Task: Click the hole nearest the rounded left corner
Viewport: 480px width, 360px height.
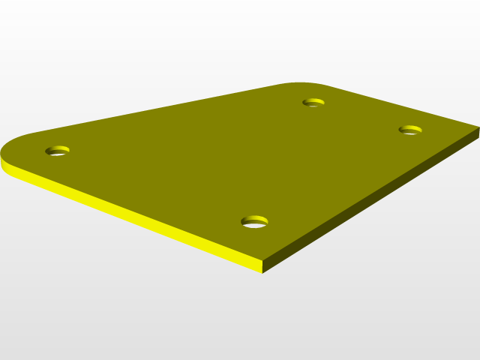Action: pyautogui.click(x=57, y=151)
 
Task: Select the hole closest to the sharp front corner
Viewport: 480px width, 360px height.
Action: pyautogui.click(x=254, y=221)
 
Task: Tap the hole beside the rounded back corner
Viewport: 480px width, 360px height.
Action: pyautogui.click(x=313, y=102)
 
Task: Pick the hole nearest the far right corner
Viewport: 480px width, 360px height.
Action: pyautogui.click(x=409, y=130)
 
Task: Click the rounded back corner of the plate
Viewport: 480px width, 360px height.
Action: pyautogui.click(x=300, y=83)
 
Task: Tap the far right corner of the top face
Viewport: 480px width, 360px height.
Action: pyautogui.click(x=478, y=127)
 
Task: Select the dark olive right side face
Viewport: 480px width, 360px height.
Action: pyautogui.click(x=375, y=202)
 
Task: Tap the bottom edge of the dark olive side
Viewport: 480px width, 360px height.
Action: pyautogui.click(x=375, y=211)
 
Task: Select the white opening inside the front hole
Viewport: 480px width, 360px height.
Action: pyautogui.click(x=253, y=223)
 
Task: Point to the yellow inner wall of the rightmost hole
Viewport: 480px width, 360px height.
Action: pyautogui.click(x=409, y=127)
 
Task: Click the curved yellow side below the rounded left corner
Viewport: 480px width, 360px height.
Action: pyautogui.click(x=6, y=165)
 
